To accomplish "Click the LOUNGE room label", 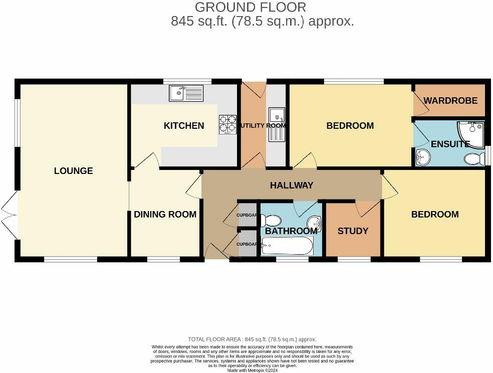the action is click(74, 171).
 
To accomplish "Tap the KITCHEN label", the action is click(184, 126).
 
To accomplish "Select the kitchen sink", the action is click(186, 93).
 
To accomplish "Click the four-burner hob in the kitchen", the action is click(227, 124).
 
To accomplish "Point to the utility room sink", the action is click(277, 124).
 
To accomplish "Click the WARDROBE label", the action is click(450, 101).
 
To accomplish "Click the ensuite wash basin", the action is click(423, 157).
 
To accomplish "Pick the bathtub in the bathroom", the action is click(287, 246).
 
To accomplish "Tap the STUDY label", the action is click(353, 231).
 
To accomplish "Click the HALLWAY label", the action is click(292, 185).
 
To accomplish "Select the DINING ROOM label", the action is click(165, 215).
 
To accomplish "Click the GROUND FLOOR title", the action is click(251, 7).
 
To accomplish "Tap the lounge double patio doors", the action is click(10, 216).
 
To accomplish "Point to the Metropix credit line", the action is click(253, 370).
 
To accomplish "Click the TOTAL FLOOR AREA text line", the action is click(252, 339).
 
